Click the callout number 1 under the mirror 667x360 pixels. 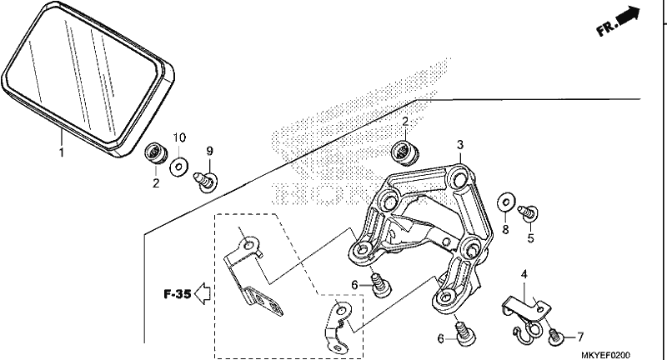click(x=61, y=152)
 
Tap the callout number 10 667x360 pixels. click(x=179, y=137)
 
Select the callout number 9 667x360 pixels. click(x=209, y=151)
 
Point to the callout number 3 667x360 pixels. click(x=460, y=145)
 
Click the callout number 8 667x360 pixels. click(x=505, y=229)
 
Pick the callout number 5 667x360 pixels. click(x=530, y=238)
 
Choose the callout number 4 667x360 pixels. click(x=524, y=274)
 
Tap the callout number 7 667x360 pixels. click(x=580, y=337)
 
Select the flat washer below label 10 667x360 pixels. click(x=179, y=167)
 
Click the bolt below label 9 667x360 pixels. click(x=206, y=182)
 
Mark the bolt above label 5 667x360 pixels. click(x=528, y=212)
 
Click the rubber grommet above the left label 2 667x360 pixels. click(x=156, y=154)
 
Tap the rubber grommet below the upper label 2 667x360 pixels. click(x=404, y=153)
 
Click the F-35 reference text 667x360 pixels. click(x=177, y=293)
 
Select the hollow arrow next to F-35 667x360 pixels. click(x=202, y=293)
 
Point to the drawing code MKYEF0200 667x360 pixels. click(x=606, y=355)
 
